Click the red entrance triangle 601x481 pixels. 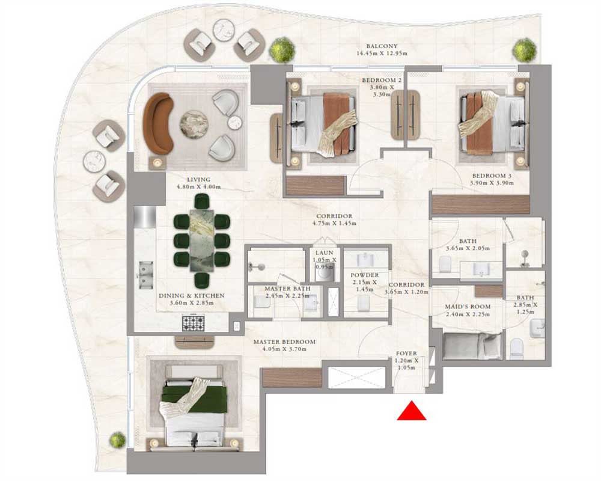coord(411,411)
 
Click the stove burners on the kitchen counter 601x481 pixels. coord(193,323)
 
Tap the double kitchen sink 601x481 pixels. coord(145,275)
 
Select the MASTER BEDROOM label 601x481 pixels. coord(284,342)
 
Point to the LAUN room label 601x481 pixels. coord(325,253)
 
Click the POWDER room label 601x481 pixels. coord(365,275)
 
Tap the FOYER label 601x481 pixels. coord(406,354)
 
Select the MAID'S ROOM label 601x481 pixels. coord(468,307)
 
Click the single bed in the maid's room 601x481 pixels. coord(472,346)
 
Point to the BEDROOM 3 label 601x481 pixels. coord(492,176)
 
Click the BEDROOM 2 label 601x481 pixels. coord(382,80)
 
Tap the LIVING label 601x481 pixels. coord(198,179)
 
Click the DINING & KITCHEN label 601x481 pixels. coord(192,296)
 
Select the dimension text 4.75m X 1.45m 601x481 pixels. coord(335,223)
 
